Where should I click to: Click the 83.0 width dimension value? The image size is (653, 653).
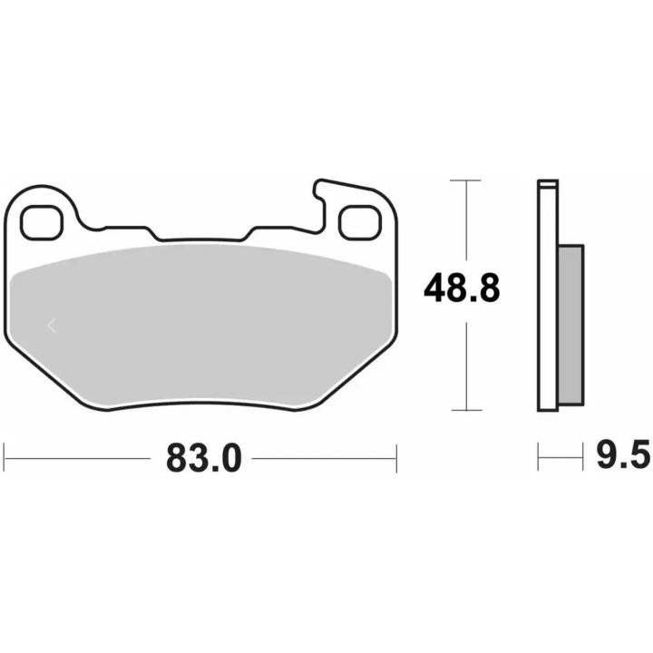coord(204,458)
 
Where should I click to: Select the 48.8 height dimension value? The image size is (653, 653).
coord(462,288)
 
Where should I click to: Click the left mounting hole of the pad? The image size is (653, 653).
coord(42,223)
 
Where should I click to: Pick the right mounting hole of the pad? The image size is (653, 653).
coord(360,223)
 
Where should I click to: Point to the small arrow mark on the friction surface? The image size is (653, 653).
coord(52,325)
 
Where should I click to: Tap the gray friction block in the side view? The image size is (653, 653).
coord(570,325)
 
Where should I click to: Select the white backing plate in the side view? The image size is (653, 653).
coord(548,296)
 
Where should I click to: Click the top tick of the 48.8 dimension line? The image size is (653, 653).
coord(465,180)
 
